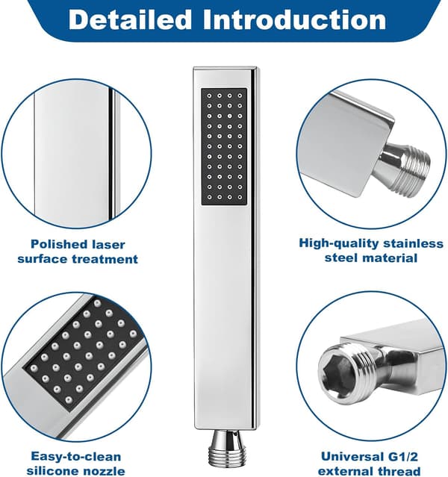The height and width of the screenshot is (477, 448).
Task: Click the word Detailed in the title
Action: click(130, 19)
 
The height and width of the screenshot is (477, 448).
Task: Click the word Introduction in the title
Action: click(295, 19)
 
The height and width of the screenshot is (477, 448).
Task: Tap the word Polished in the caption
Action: click(55, 244)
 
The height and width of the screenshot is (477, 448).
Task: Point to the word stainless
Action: click(414, 243)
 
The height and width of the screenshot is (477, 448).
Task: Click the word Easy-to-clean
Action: click(76, 457)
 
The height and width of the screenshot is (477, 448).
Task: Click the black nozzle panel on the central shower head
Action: click(224, 146)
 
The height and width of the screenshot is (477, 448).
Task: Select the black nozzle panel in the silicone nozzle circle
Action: click(83, 354)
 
